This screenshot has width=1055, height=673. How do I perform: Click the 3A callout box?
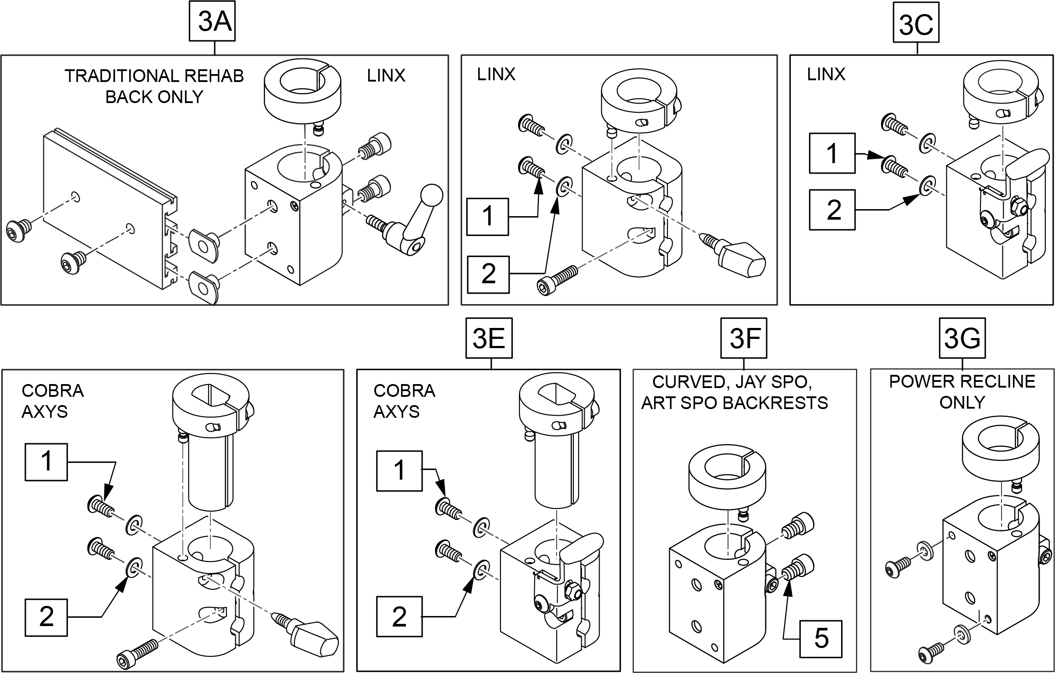coord(212,21)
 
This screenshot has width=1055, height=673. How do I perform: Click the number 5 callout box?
coord(821,639)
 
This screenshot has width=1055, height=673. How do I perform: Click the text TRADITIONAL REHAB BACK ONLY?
coord(154,86)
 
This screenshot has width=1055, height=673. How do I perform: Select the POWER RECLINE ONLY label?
coord(962,392)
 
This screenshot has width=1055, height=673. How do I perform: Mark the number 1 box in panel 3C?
coord(831,153)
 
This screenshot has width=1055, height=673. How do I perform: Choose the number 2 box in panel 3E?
coord(399,616)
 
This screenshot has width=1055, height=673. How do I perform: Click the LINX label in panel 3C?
coord(826,75)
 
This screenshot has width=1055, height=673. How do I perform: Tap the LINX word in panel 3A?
coord(386,76)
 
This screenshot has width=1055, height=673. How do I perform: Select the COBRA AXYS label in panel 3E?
coord(404,401)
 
